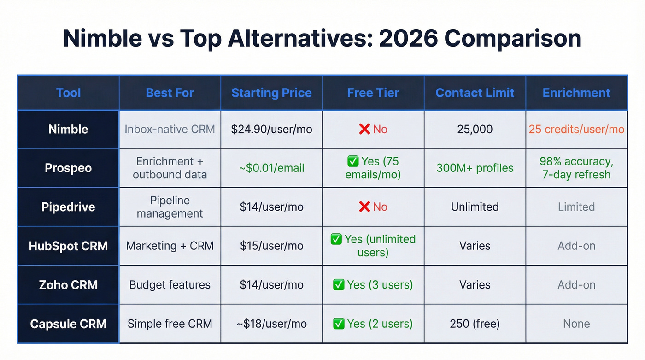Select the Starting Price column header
point(271,93)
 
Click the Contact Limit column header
point(475,93)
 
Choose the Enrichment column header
point(576,93)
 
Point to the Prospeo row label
point(68,168)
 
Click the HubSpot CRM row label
point(68,246)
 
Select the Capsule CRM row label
point(68,324)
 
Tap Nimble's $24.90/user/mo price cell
point(271,129)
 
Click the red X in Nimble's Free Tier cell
point(364,129)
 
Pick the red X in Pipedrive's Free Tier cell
point(364,207)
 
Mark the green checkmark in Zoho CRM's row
point(339,285)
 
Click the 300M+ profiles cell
point(475,168)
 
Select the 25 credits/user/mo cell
point(576,129)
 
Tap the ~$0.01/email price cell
point(271,168)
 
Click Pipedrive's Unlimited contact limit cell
point(475,207)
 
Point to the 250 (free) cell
point(475,324)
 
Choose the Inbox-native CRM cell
point(170,129)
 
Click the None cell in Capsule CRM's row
point(576,324)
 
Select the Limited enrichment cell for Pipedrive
point(576,207)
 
